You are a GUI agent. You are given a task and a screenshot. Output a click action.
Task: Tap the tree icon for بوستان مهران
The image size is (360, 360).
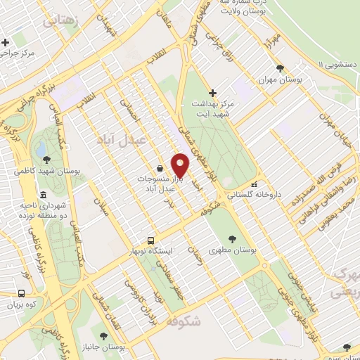(281, 67)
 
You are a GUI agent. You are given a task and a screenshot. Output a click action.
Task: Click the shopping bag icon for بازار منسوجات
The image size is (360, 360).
(161, 169)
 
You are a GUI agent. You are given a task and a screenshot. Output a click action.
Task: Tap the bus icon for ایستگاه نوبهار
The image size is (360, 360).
(150, 240)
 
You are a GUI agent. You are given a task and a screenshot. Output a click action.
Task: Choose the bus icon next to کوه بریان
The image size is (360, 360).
(21, 293)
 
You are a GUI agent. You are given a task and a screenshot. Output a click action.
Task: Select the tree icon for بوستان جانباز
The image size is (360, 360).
(104, 336)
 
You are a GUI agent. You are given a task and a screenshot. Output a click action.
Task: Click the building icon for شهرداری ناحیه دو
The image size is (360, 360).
(44, 195)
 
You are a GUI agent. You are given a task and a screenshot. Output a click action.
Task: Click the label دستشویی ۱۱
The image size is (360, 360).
(335, 64)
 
